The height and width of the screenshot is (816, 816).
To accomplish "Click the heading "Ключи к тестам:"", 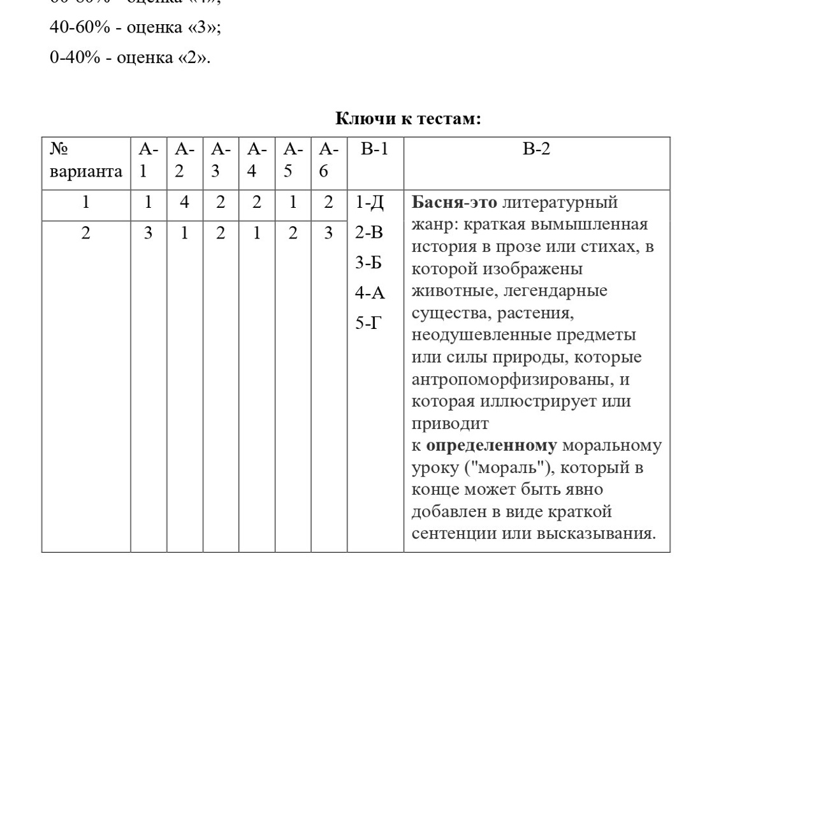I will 408,119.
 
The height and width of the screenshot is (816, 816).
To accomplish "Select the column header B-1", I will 374,149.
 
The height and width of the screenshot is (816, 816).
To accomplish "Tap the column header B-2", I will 536,149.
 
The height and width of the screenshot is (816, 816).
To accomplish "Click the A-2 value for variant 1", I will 184,203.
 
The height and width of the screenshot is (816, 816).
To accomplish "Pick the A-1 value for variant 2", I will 148,233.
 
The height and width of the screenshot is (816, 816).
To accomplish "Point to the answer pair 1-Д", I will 370,203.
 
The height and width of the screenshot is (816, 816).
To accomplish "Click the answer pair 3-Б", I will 368,263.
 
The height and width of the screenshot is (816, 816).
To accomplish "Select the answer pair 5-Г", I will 368,323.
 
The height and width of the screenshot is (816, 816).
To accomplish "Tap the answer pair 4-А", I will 370,293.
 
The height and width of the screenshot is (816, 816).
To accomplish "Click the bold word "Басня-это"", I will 454,203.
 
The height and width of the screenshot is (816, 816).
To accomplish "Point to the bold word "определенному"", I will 491,446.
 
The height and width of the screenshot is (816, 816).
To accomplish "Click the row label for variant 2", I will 85,233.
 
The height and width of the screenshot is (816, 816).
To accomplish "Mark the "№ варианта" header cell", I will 85,160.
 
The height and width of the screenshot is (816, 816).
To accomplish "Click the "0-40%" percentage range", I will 75,58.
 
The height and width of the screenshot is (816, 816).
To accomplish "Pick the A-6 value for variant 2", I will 328,233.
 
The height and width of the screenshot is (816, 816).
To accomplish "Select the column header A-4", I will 256,160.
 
